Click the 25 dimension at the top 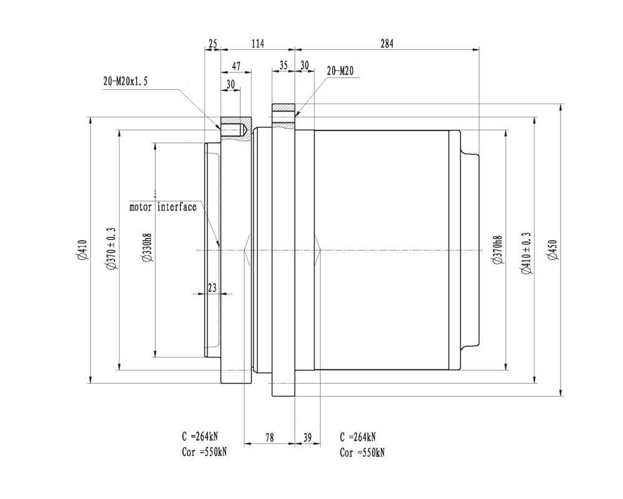coord(213,44)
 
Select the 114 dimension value coord(258,44)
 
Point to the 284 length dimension coord(387,44)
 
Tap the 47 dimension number coord(236,67)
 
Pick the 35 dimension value coord(283,65)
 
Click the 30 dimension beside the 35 coord(305,65)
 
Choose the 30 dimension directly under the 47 coord(231,84)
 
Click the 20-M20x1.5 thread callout coord(126,82)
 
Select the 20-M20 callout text coord(340,71)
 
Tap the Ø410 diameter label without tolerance coord(82,250)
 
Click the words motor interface coord(163,207)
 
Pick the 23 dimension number coord(212,288)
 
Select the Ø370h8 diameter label coord(497,250)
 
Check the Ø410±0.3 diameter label coord(527,253)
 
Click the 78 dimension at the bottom coord(269,438)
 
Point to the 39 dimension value coord(308,438)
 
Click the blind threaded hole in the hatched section coord(234,130)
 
